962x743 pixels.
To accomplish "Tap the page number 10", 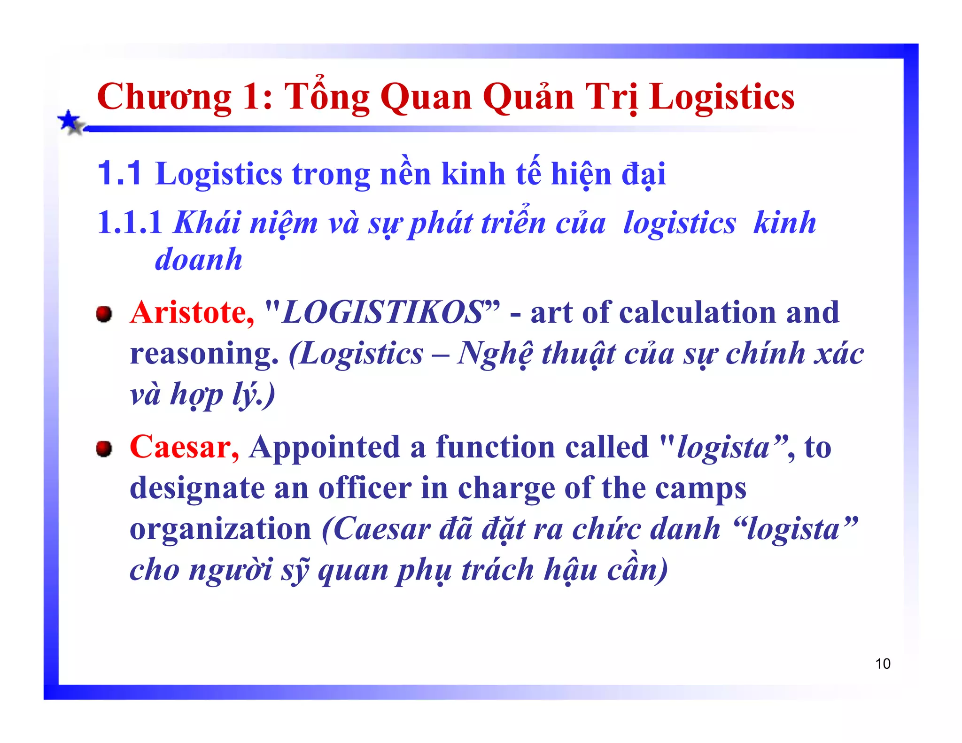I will pyautogui.click(x=883, y=664).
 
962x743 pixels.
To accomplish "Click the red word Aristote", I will pyautogui.click(x=192, y=312).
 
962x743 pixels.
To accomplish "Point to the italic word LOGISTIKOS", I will pyautogui.click(x=382, y=312).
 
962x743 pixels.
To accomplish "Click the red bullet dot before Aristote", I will pyautogui.click(x=104, y=314).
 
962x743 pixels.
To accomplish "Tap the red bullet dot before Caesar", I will pyautogui.click(x=104, y=449).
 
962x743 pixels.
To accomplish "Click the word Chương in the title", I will pyautogui.click(x=164, y=97).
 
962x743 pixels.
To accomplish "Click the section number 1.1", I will pyautogui.click(x=119, y=173).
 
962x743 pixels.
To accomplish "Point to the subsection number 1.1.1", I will pyautogui.click(x=129, y=222).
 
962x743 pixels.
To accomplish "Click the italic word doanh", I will pyautogui.click(x=199, y=259).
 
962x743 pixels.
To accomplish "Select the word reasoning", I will pyautogui.click(x=204, y=354).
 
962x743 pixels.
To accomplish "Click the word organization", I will pyautogui.click(x=220, y=529).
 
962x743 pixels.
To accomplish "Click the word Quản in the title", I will pyautogui.click(x=528, y=97).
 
